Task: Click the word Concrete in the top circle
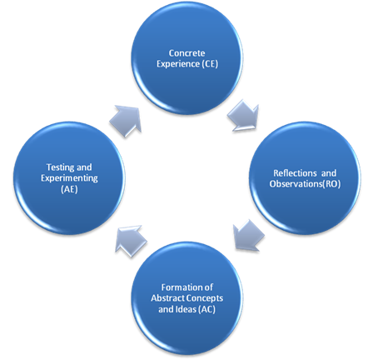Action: pyautogui.click(x=186, y=53)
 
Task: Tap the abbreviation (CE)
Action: pyautogui.click(x=210, y=64)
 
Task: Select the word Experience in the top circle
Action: pyautogui.click(x=178, y=64)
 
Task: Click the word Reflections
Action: pyautogui.click(x=295, y=173)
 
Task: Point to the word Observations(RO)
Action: pyautogui.click(x=305, y=184)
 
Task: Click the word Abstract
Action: pyautogui.click(x=167, y=298)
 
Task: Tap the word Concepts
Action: pyautogui.click(x=204, y=298)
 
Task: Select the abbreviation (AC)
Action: pyautogui.click(x=207, y=309)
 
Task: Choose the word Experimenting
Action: pyautogui.click(x=69, y=178)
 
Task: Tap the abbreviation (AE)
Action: pyautogui.click(x=69, y=189)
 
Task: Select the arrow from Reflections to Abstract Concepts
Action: pyautogui.click(x=249, y=235)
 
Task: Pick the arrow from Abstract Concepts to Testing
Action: pyautogui.click(x=131, y=241)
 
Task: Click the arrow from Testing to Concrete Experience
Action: pyautogui.click(x=126, y=121)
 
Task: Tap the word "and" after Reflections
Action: pyautogui.click(x=329, y=173)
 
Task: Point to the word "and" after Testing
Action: pyautogui.click(x=84, y=167)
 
